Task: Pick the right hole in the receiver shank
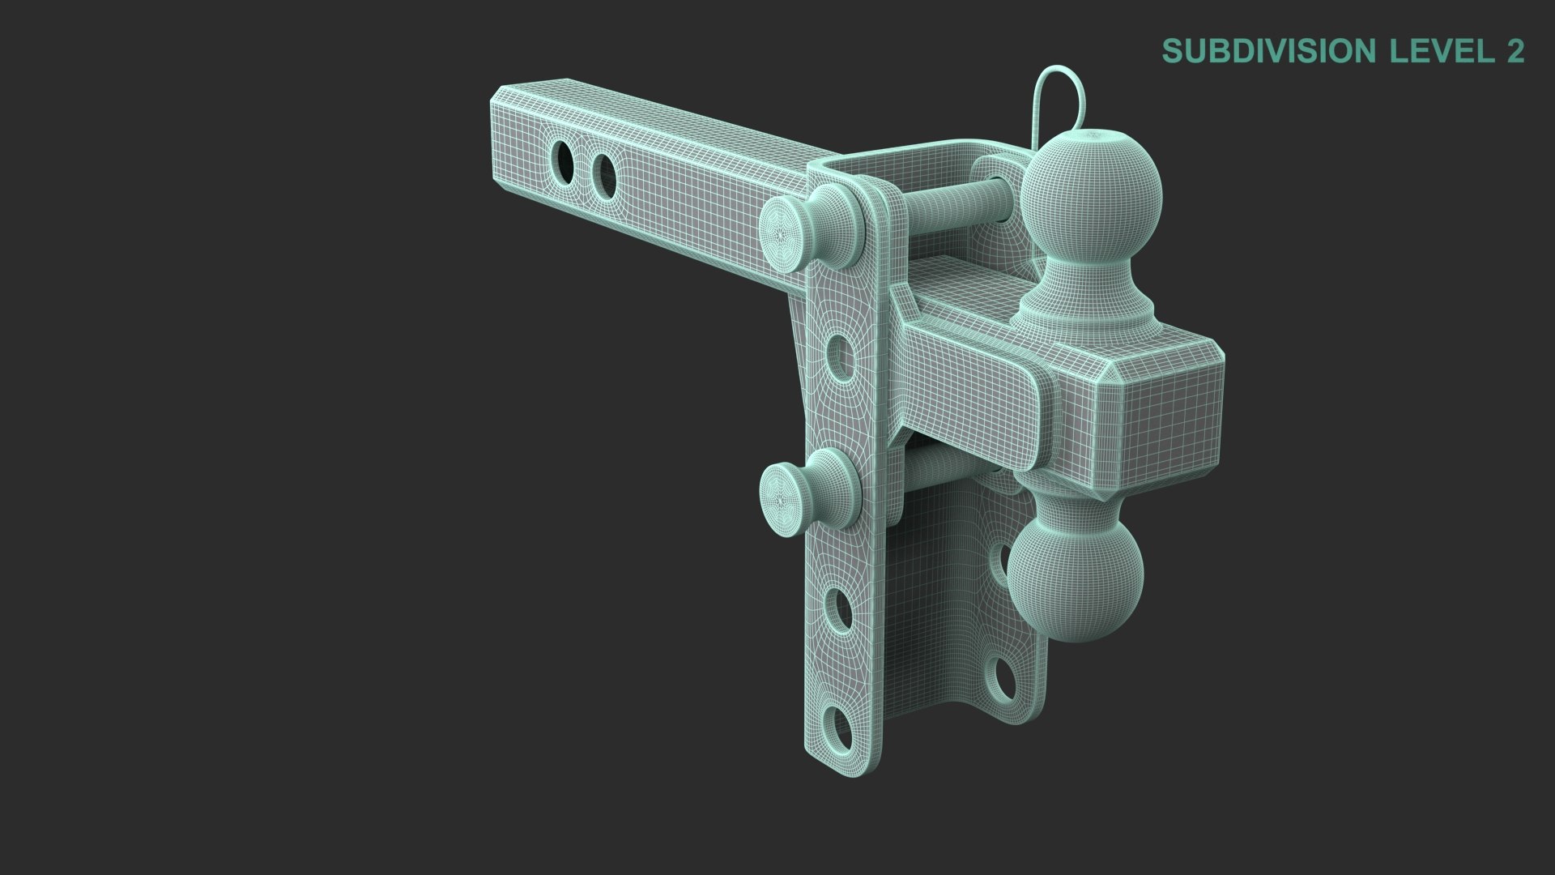603,171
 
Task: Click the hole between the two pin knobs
841,357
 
